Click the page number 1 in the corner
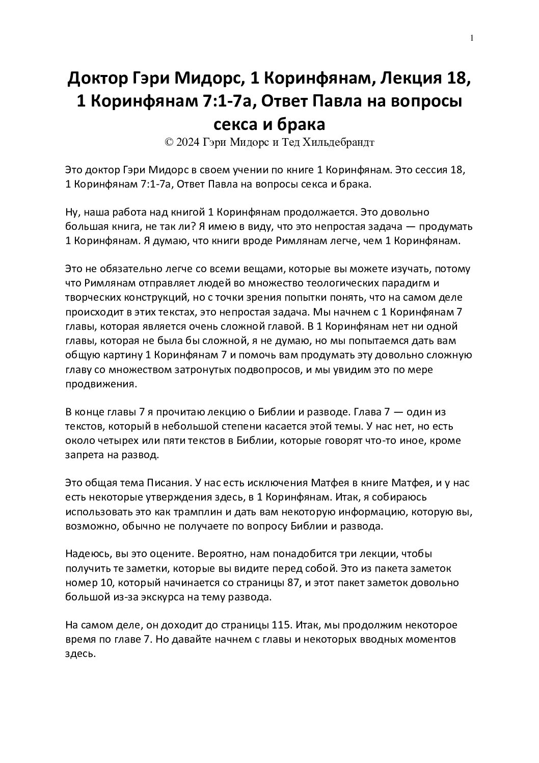coord(473,38)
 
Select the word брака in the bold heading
coord(301,124)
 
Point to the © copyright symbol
coord(169,142)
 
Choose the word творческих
coord(94,297)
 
